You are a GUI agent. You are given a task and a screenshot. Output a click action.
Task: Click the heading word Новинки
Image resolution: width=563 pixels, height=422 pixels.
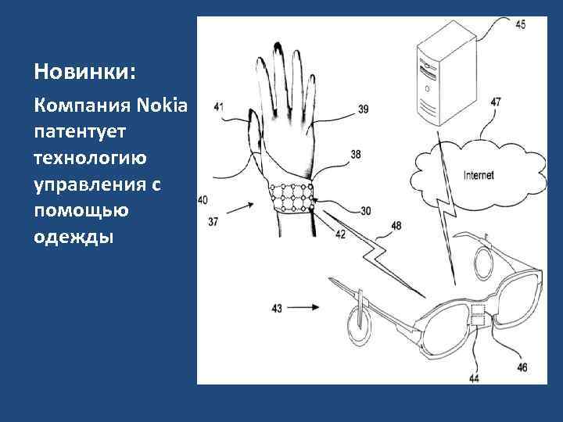(85, 71)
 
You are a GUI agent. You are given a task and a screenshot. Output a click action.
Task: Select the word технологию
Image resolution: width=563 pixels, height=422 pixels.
(90, 158)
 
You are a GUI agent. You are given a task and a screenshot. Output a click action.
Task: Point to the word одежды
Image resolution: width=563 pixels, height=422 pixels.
(74, 238)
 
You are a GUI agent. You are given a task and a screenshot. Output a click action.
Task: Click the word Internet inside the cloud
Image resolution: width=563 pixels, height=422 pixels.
(479, 175)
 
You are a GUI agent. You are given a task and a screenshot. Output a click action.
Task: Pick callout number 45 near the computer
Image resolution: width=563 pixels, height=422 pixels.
(520, 24)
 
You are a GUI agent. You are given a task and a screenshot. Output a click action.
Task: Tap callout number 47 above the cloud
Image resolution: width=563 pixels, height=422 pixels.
(496, 102)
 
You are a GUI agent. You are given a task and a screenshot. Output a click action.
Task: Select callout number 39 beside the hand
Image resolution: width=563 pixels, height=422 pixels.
(364, 109)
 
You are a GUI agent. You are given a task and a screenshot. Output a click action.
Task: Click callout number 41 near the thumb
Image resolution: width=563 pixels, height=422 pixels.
(219, 106)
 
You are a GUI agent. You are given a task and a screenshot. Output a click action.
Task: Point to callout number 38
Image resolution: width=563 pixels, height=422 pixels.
(356, 154)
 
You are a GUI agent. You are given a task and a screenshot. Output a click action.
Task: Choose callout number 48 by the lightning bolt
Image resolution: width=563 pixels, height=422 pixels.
(396, 226)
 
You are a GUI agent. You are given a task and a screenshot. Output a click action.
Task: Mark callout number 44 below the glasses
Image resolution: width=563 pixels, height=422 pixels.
(474, 378)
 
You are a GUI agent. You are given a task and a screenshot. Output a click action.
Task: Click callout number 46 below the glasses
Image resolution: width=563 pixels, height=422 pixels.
(522, 367)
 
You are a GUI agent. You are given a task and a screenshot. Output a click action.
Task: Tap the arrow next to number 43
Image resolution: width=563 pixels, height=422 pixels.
(303, 307)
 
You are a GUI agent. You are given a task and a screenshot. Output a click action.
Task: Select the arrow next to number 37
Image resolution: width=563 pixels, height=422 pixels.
(240, 208)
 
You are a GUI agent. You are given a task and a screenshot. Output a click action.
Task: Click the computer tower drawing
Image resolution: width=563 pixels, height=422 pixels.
(446, 73)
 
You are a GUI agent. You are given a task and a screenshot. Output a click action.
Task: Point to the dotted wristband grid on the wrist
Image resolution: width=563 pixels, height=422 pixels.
(292, 197)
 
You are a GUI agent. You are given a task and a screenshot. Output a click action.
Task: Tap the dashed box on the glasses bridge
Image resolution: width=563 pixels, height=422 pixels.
(478, 316)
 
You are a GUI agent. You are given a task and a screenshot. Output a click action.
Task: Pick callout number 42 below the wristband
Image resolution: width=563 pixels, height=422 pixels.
(340, 234)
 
